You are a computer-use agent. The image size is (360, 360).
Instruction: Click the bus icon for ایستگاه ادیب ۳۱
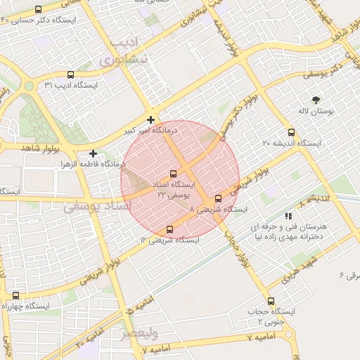[x=70, y=75]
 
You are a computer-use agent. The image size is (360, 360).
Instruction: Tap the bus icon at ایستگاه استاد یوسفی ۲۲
[x=174, y=174]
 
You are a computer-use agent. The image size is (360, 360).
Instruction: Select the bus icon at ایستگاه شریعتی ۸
[x=218, y=199]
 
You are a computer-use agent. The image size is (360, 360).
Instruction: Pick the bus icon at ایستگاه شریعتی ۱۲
[x=169, y=229]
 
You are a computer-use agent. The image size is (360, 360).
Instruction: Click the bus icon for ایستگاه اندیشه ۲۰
[x=291, y=132]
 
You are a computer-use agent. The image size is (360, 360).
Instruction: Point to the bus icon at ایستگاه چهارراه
[x=15, y=296]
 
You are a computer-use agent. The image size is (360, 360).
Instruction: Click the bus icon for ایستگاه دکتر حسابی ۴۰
[x=37, y=10]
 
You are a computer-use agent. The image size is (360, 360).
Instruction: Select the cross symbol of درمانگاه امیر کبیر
[x=150, y=120]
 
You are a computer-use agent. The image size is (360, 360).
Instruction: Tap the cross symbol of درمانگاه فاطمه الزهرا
[x=93, y=153]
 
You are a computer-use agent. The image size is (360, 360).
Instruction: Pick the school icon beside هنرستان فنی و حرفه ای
[x=288, y=217]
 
